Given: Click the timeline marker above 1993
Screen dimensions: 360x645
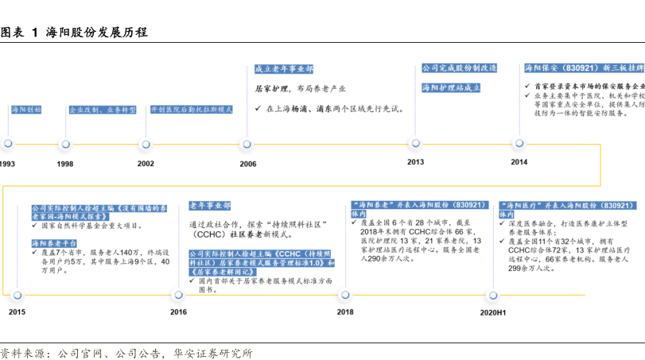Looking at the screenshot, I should click(x=8, y=144).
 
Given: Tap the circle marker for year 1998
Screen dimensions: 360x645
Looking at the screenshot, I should click(x=65, y=144).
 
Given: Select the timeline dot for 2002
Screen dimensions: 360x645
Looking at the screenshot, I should click(x=146, y=144).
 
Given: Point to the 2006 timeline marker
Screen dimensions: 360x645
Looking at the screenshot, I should click(x=248, y=144).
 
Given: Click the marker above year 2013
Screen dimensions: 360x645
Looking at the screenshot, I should click(x=415, y=143).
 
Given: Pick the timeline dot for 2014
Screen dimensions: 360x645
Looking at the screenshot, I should click(x=519, y=143).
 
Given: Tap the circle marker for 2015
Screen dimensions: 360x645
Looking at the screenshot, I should click(x=17, y=295).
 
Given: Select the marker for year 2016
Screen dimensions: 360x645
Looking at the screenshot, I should click(x=179, y=295).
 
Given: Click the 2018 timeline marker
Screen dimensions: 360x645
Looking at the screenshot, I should click(x=345, y=295).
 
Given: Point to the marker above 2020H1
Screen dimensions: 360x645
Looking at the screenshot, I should click(x=492, y=295).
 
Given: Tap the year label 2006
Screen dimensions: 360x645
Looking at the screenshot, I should click(x=248, y=163).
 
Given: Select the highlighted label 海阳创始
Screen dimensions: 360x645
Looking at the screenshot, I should click(x=26, y=109).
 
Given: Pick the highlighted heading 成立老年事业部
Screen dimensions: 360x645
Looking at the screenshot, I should click(x=284, y=69).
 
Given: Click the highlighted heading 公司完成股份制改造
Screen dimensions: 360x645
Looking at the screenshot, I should click(x=460, y=68).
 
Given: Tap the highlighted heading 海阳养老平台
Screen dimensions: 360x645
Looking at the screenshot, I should click(x=54, y=242).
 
